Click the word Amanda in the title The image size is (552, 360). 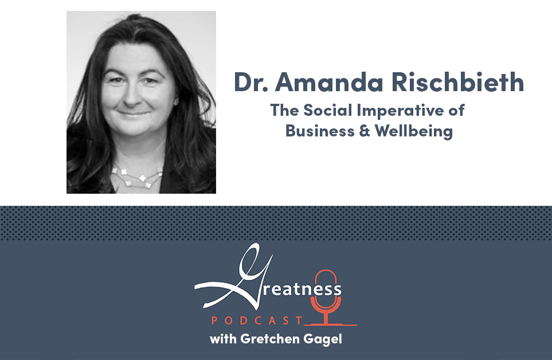pyautogui.click(x=329, y=83)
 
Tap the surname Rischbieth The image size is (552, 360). pyautogui.click(x=457, y=81)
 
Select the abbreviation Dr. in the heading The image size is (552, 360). pyautogui.click(x=251, y=83)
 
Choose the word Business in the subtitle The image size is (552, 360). pyautogui.click(x=320, y=131)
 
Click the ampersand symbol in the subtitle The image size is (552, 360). pyautogui.click(x=365, y=131)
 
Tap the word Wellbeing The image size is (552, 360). pyautogui.click(x=414, y=131)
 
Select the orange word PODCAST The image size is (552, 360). pyautogui.click(x=257, y=320)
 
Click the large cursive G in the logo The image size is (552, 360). pyautogui.click(x=234, y=278)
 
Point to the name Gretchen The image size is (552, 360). pyautogui.click(x=269, y=339)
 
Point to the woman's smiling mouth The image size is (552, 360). pyautogui.click(x=133, y=114)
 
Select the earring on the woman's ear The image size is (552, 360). pyautogui.click(x=176, y=101)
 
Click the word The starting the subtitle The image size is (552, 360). pyautogui.click(x=284, y=110)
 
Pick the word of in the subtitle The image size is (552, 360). pyautogui.click(x=456, y=110)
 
